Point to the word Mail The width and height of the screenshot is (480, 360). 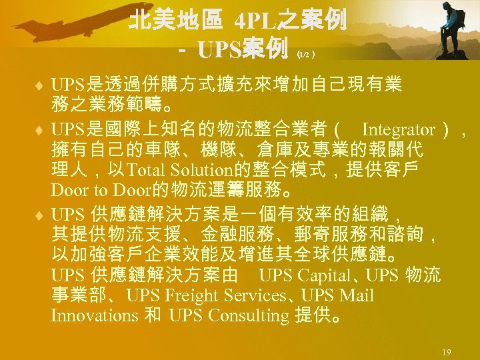coord(357,295)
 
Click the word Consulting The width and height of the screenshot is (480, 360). coord(247,315)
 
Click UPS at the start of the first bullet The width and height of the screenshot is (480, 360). coord(67,85)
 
